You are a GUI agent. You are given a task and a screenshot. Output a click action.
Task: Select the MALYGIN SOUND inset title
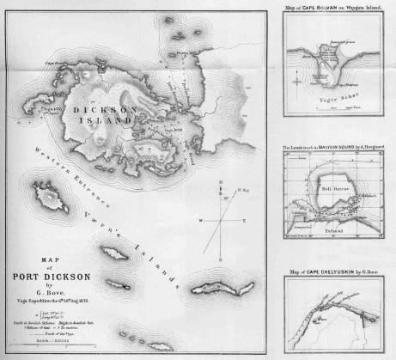point(330,148)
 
